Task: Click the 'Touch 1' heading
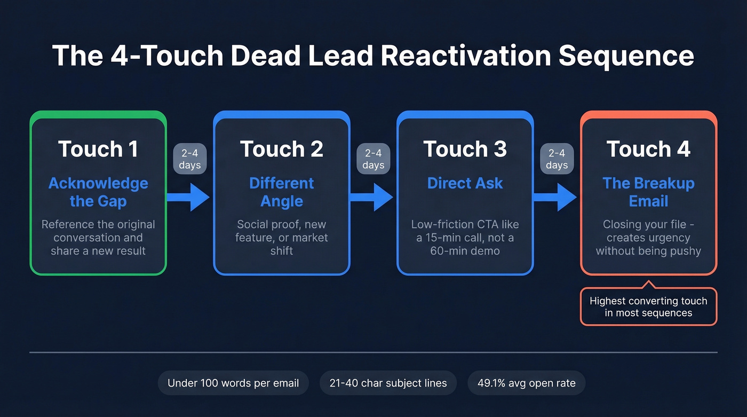pos(98,149)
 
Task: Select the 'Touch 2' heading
pos(281,149)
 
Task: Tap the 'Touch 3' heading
pos(465,149)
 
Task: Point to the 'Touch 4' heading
pos(648,149)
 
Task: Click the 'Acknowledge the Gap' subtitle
pos(98,192)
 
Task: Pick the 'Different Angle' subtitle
pos(281,192)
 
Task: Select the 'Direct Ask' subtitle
pos(465,183)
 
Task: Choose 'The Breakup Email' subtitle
pos(648,192)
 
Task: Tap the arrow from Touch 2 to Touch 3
pos(372,197)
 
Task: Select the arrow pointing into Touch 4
pos(555,197)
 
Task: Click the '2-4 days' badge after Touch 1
pos(189,159)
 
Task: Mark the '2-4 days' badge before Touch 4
pos(557,159)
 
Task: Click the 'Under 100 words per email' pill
pos(233,383)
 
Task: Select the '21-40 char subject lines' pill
pos(388,383)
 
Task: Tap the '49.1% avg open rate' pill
pos(526,383)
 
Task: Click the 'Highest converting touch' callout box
pos(648,306)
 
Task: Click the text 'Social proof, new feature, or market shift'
pos(281,238)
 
